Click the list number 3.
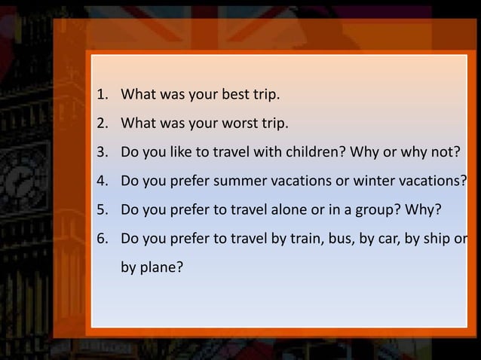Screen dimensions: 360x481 (100, 153)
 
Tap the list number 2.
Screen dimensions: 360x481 (100, 124)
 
